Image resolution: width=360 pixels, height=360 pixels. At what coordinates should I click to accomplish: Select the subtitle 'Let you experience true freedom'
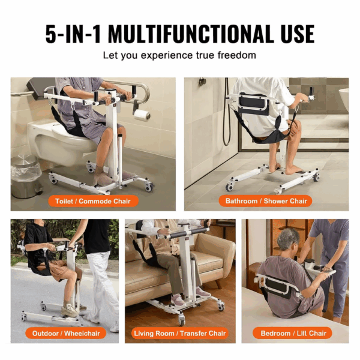point(179,55)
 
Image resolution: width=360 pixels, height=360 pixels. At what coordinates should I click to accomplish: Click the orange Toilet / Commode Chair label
point(93,201)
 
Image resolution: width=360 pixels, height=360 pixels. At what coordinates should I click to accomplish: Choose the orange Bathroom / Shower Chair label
point(266,201)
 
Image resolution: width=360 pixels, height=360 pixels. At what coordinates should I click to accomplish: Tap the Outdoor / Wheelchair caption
point(65,333)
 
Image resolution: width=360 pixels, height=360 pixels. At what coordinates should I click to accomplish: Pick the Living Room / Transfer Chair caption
point(180,333)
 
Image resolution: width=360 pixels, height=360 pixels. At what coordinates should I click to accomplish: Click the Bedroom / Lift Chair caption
point(295,333)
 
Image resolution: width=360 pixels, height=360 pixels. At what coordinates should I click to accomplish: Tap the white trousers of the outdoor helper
point(102,288)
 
